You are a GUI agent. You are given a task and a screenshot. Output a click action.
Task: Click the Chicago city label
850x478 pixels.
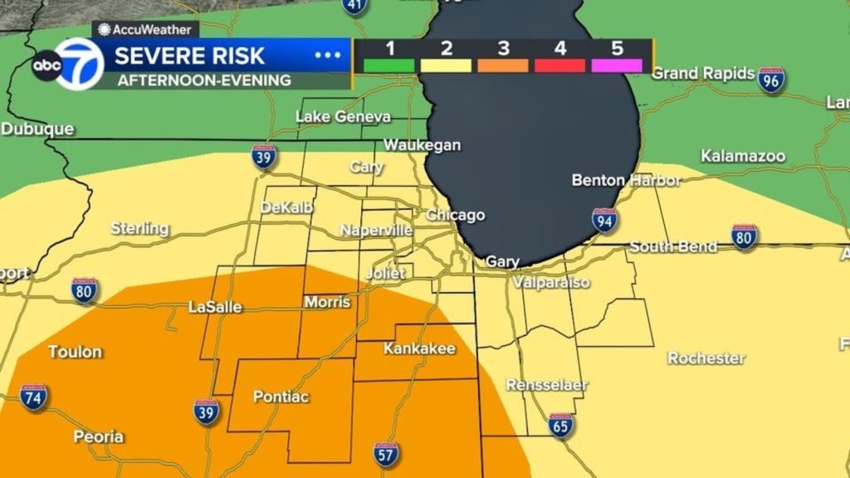[x=455, y=215]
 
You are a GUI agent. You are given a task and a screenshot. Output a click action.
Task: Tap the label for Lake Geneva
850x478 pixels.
[x=343, y=117]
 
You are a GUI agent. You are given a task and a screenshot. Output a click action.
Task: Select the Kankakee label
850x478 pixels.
[x=419, y=349]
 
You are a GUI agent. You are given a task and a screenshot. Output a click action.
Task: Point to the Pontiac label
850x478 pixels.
[x=281, y=397]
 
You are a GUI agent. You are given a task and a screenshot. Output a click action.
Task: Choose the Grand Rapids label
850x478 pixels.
[x=702, y=73]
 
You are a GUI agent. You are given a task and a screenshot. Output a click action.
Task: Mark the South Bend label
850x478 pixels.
[x=673, y=246]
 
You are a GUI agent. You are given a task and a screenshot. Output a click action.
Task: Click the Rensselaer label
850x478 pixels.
[x=547, y=385]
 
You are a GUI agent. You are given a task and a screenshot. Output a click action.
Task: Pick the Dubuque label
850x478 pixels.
[x=37, y=129]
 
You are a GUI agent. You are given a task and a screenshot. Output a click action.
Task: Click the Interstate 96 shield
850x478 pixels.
[x=772, y=79]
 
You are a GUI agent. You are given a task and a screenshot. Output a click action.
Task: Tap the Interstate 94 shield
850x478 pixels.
[x=604, y=220]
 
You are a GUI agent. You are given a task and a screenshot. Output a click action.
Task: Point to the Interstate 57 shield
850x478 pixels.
[x=386, y=454]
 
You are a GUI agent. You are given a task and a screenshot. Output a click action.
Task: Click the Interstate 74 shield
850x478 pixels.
[x=33, y=398]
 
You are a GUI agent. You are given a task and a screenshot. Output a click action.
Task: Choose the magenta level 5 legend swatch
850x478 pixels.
[x=617, y=65]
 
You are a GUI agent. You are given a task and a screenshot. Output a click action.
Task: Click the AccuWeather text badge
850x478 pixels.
[x=142, y=30]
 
